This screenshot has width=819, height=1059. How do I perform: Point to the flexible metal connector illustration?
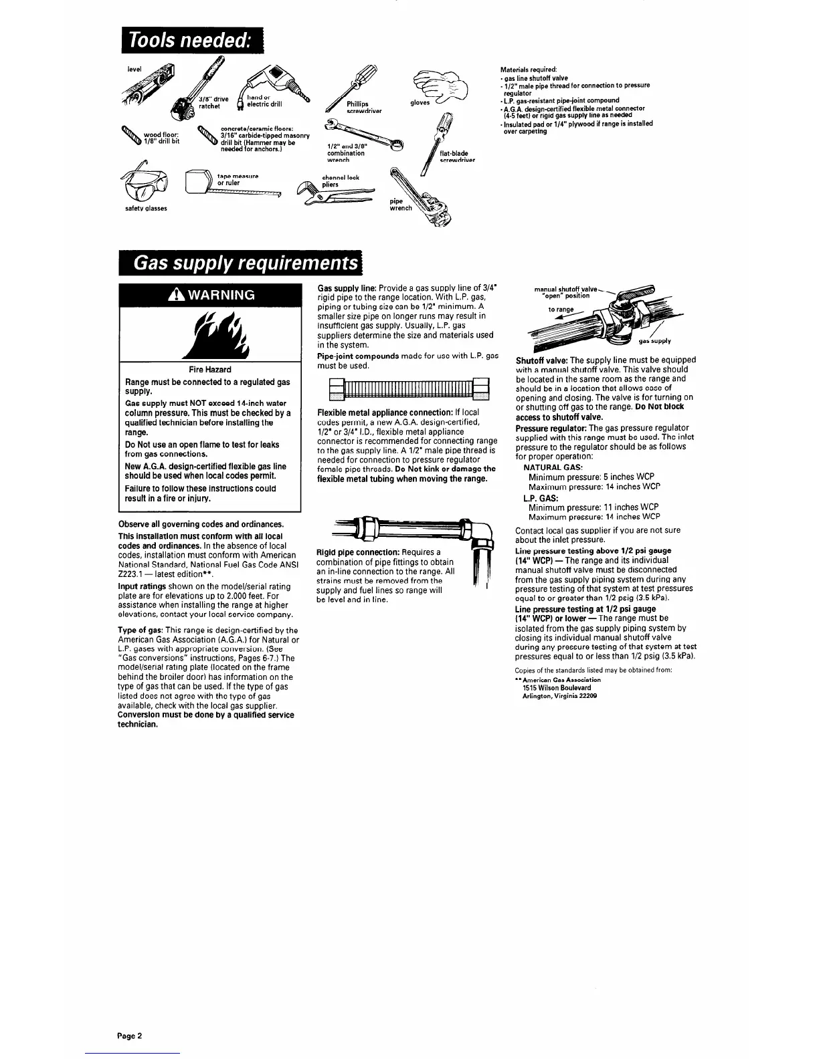[404, 388]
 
